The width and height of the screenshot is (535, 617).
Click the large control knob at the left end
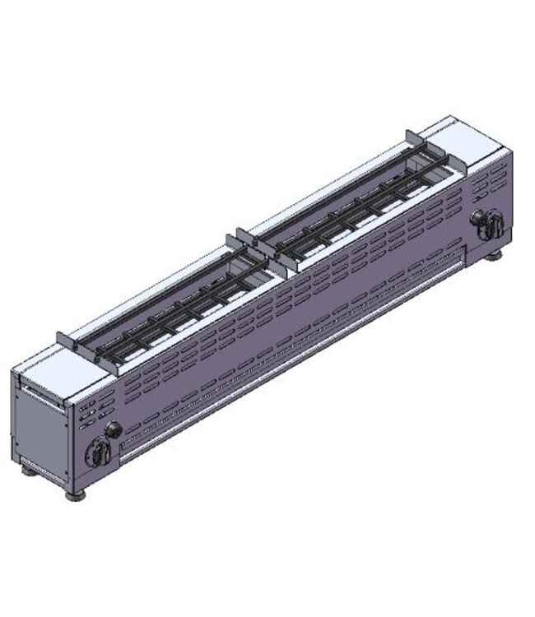(x=99, y=451)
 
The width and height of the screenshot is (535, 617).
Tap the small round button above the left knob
(x=112, y=429)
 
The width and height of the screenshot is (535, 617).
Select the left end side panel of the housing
(x=41, y=429)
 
